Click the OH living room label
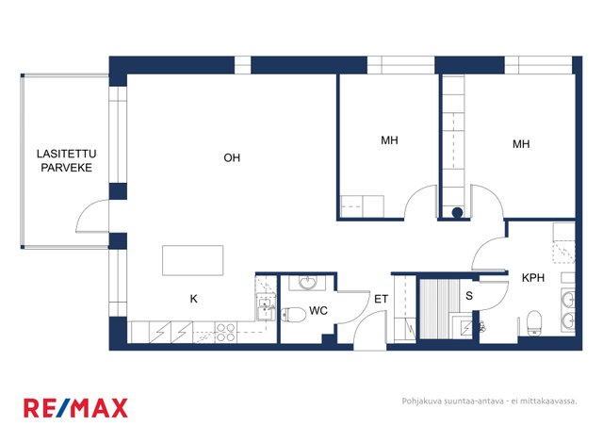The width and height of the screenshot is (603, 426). (x=232, y=157)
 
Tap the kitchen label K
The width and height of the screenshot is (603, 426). (x=194, y=299)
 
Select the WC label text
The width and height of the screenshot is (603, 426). (x=318, y=311)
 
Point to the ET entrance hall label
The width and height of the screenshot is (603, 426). (x=381, y=299)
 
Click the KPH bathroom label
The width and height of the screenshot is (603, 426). (x=533, y=277)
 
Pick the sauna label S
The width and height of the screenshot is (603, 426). (x=469, y=296)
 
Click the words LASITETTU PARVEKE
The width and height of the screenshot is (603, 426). (x=67, y=161)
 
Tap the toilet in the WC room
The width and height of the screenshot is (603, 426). (x=293, y=315)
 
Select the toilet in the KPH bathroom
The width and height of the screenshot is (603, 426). (x=534, y=322)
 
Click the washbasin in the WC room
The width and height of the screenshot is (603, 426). (x=307, y=284)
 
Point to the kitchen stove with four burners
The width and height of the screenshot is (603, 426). (x=225, y=333)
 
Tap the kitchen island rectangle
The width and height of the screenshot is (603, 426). (x=192, y=260)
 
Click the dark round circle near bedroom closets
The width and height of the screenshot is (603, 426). (x=457, y=212)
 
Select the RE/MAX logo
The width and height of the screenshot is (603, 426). (x=75, y=408)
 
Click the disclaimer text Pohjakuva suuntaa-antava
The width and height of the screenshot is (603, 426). (x=452, y=401)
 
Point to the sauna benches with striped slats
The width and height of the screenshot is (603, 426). (x=440, y=308)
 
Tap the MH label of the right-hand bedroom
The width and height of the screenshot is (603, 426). (x=521, y=144)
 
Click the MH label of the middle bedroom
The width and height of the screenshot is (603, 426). (x=389, y=140)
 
